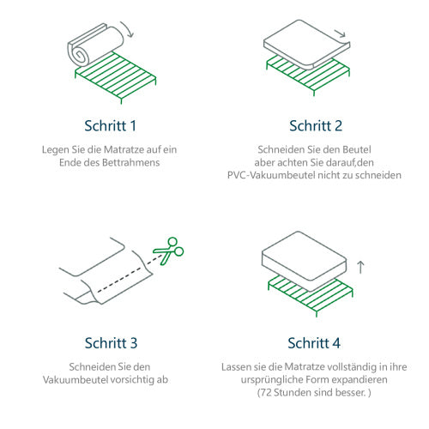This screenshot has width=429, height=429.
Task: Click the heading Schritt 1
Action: [110, 126]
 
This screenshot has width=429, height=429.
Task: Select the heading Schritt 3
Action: [110, 343]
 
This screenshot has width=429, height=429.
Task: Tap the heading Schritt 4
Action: [314, 343]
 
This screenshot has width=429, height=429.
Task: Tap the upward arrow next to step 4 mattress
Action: [360, 267]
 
